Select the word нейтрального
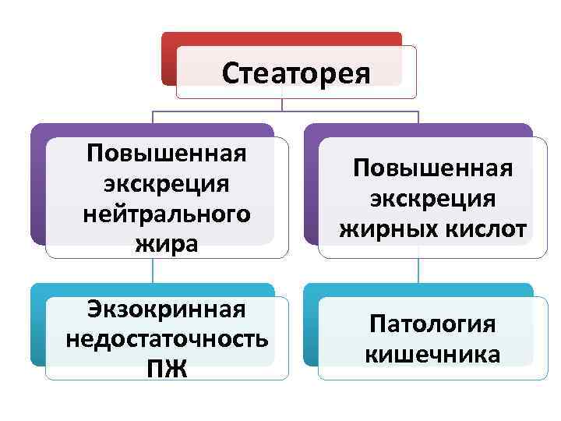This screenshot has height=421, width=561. point(167,213)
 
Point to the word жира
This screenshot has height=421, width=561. point(167,243)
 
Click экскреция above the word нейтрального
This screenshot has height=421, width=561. point(167,182)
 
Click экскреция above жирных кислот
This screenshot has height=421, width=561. point(433,198)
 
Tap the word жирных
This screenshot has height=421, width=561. point(387,228)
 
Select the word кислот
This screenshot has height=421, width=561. point(482,228)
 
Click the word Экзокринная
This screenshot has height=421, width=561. point(167,309)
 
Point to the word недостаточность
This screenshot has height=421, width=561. point(167,339)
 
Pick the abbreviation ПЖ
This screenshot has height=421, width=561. point(167,367)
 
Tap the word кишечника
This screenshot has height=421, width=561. point(433,355)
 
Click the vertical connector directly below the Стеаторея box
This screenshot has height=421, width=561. point(281,104)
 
